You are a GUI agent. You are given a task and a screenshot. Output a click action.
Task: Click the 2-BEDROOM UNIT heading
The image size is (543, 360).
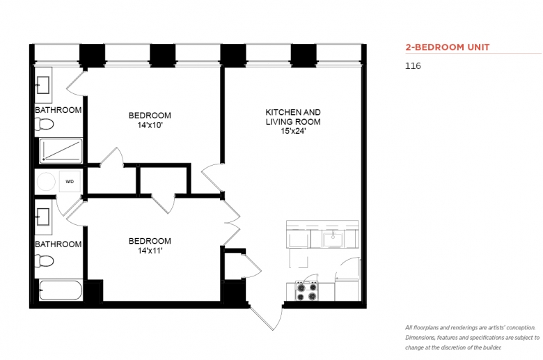point(448,47)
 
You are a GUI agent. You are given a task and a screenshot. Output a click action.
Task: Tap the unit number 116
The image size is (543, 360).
point(413,66)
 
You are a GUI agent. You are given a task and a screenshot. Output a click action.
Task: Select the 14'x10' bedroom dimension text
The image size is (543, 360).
point(150,125)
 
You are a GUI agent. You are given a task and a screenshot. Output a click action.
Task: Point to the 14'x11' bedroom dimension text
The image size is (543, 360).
point(150,251)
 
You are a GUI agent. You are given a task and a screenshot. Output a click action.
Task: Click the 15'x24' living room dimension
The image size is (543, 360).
point(293,132)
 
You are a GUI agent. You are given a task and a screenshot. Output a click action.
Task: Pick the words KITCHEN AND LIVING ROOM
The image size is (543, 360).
point(293,117)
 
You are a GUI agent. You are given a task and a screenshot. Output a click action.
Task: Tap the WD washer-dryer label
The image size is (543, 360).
point(70,182)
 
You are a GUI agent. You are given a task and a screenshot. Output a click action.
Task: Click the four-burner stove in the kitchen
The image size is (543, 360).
point(307,291)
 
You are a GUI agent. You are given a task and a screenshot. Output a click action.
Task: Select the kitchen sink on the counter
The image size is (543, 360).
point(333,240)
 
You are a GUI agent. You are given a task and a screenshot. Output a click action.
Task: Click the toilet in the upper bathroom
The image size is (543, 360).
point(45,124)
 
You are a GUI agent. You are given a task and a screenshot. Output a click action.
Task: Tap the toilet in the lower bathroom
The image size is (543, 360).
point(45,261)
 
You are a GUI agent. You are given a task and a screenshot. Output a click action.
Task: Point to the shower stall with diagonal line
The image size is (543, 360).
point(61,150)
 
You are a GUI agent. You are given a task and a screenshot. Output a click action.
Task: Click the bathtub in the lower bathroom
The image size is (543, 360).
point(61,290)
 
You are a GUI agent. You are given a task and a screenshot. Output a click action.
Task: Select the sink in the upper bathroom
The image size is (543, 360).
point(43,85)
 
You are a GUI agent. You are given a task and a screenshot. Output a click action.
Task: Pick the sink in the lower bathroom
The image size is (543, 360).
point(43,217)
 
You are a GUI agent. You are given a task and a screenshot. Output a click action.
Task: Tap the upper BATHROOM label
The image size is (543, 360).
point(58,110)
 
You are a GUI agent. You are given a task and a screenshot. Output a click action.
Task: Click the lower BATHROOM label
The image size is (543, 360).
point(58,244)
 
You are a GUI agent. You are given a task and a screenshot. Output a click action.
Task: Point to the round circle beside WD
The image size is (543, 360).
point(46,181)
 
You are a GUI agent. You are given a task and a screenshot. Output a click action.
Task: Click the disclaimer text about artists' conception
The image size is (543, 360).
point(473,338)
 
